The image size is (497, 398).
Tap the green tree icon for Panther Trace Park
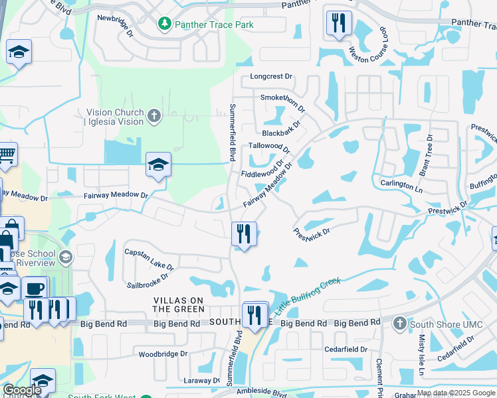(164, 25)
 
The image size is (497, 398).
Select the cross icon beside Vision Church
(153, 117)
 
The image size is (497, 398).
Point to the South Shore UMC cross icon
(399, 324)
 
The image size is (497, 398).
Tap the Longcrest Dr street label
(271, 76)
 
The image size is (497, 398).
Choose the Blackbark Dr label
(282, 128)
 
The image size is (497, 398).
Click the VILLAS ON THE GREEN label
(179, 304)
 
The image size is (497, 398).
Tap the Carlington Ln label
(401, 186)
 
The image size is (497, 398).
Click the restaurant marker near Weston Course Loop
(339, 24)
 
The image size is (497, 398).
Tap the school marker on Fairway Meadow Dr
(158, 165)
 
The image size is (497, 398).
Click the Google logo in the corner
(22, 390)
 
